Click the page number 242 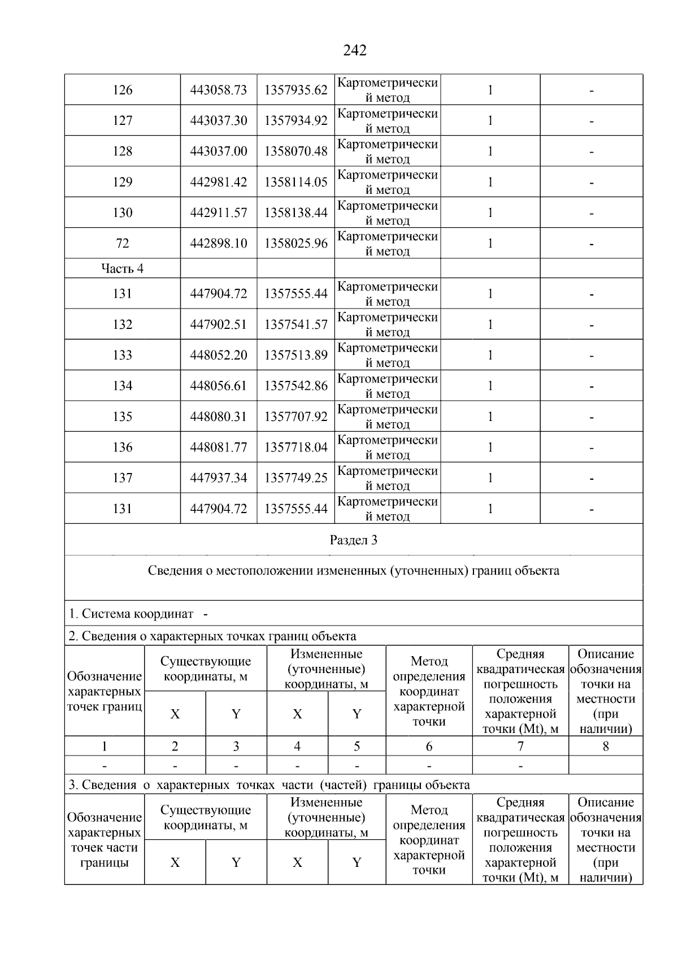[x=355, y=51]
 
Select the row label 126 [x=123, y=90]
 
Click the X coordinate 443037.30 [x=219, y=120]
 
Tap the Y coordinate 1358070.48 [x=296, y=151]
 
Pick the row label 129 [x=123, y=182]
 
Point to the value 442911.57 [x=219, y=213]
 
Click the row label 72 [x=123, y=244]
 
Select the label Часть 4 [x=123, y=268]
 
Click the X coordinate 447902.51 [x=219, y=324]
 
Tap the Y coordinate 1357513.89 [x=296, y=355]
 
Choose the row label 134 [x=123, y=386]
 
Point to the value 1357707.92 [x=296, y=417]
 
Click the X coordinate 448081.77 [x=219, y=448]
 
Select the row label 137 [x=123, y=478]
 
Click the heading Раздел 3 [x=354, y=540]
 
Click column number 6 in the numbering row [x=429, y=747]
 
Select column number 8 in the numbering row [x=606, y=747]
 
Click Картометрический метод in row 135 [x=388, y=416]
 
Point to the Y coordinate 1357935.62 [x=296, y=90]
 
